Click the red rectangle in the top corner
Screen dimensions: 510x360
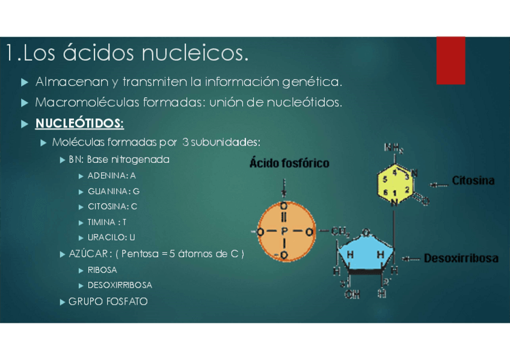click(450, 60)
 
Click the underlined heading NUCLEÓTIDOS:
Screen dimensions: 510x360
click(79, 124)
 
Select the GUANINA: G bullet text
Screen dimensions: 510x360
click(113, 191)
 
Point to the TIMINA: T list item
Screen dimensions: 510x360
click(106, 222)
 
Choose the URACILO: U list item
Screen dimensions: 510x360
click(111, 237)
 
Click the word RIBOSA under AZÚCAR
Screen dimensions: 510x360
click(102, 270)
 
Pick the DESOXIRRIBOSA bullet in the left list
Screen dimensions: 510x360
click(120, 285)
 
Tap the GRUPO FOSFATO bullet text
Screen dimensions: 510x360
click(108, 301)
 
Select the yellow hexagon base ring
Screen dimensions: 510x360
click(395, 183)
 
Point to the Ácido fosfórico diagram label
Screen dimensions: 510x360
click(289, 163)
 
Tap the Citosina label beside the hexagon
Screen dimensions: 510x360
click(473, 180)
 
